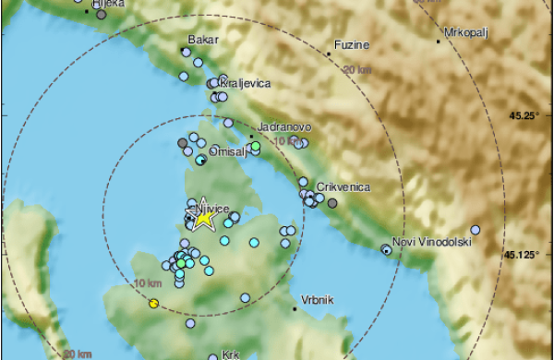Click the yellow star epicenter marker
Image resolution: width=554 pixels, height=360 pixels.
pos(203,218)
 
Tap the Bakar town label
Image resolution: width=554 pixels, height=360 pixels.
pos(200,40)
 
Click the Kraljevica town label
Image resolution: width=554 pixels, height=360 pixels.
pos(246,83)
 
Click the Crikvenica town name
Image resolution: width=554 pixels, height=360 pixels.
pos(343,186)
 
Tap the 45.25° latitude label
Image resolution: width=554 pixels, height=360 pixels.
pos(523,115)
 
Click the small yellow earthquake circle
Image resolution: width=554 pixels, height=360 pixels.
pos(153,303)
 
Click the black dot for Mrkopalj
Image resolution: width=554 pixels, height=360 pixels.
pos(439,41)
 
